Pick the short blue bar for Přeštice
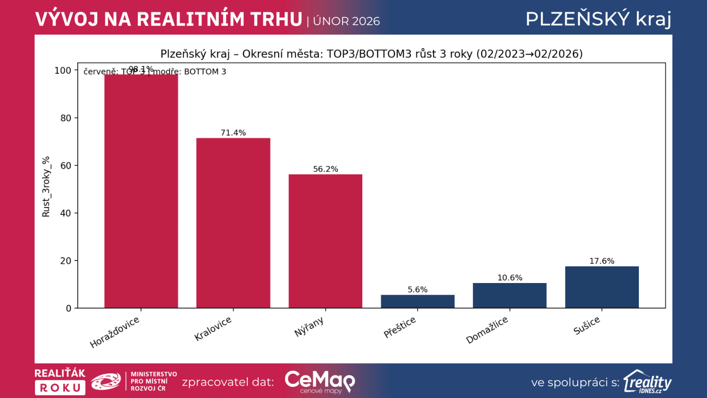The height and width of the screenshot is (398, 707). [x=418, y=301]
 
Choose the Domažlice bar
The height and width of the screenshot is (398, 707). [x=509, y=295]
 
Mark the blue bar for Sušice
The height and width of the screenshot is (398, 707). [x=602, y=287]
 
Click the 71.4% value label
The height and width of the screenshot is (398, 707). [x=233, y=133]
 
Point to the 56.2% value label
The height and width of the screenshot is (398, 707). [x=326, y=169]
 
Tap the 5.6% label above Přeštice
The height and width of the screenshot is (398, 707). [x=418, y=290]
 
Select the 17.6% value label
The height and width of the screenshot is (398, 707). [x=602, y=261]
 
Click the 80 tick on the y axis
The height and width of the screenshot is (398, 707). [x=65, y=118]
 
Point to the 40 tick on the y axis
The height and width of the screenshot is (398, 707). [x=65, y=213]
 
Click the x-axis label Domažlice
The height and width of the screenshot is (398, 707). [x=487, y=330]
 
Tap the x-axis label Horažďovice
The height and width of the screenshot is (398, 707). [x=114, y=333]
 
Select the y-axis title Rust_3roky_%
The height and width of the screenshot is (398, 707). [x=46, y=187]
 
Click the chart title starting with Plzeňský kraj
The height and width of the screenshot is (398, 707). [x=371, y=54]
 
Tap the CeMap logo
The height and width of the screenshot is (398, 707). [x=319, y=381]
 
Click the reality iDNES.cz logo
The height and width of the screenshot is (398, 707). [x=647, y=382]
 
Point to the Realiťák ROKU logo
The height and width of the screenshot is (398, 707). [x=60, y=381]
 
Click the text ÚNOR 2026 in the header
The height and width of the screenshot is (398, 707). [x=346, y=21]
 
